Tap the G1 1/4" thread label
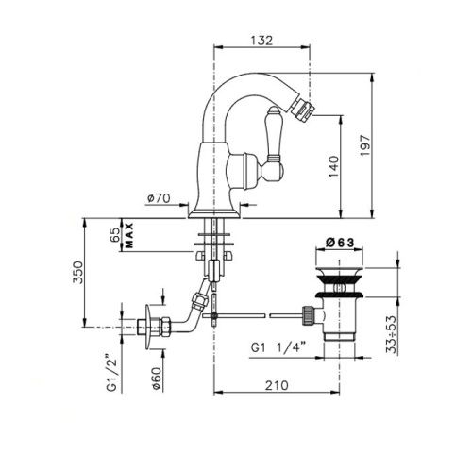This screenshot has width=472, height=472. [x=281, y=347]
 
